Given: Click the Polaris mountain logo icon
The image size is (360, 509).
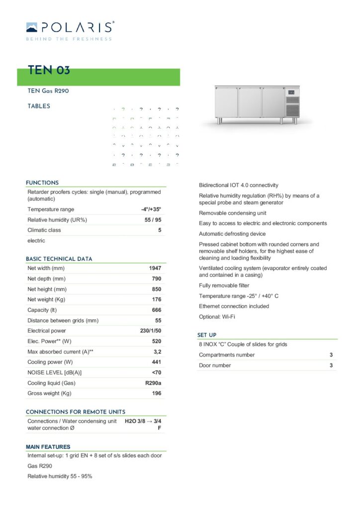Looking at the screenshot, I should [31, 27].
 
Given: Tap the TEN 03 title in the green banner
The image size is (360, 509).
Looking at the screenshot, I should [49, 70].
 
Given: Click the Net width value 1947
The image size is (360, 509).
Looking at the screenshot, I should [155, 268].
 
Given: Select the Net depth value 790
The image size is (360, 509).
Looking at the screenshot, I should [157, 279].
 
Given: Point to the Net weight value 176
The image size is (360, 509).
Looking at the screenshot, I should [157, 300].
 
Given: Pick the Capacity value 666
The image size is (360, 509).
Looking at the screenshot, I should [157, 310].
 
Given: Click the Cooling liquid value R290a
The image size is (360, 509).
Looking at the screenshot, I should [153, 383].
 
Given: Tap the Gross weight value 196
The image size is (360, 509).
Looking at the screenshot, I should [157, 394].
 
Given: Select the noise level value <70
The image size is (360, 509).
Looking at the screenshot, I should [156, 373].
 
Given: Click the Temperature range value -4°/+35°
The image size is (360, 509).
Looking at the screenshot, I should [151, 210].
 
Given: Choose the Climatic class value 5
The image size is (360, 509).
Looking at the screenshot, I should [160, 230].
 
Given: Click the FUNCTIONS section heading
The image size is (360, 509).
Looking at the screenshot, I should [42, 183].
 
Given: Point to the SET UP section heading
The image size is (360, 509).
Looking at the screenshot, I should [207, 336].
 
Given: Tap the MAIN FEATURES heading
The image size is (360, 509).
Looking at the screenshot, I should [48, 447].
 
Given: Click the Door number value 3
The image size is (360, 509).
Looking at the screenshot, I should [331, 365].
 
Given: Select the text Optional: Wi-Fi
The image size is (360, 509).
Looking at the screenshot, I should [217, 317].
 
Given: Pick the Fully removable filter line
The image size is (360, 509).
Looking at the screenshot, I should [224, 286].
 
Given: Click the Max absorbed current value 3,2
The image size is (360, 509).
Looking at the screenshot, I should [157, 352].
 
